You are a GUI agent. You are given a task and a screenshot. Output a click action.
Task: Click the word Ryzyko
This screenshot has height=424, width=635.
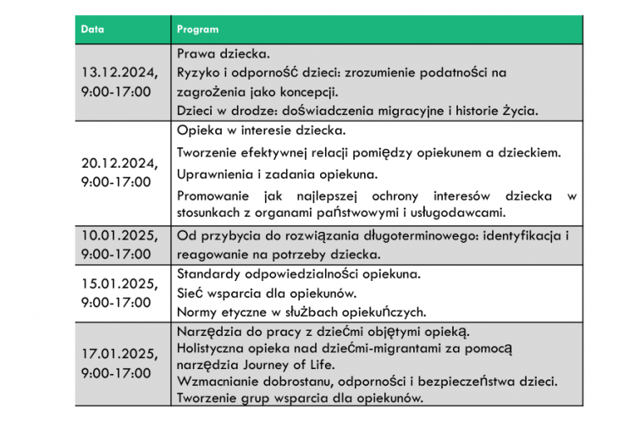click(200, 73)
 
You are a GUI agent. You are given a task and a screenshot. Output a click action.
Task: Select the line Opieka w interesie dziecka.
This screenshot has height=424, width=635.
click(262, 131)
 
